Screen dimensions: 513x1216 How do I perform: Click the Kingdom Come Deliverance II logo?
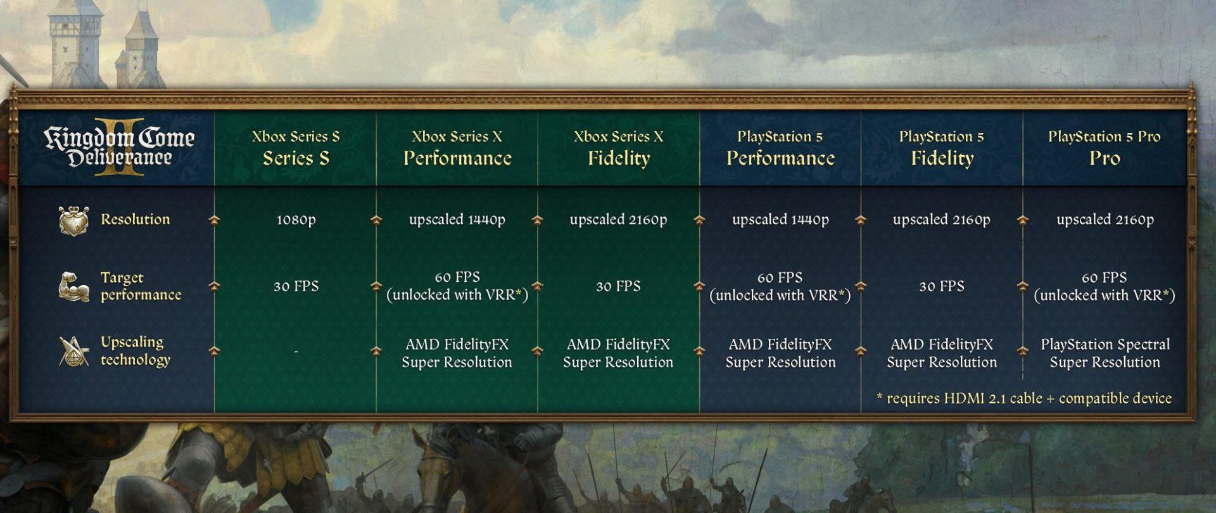click(119, 147)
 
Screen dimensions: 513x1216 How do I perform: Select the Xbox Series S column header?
click(296, 148)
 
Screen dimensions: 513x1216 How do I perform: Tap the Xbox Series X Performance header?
click(457, 148)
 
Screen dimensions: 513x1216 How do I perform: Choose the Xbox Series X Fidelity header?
click(619, 148)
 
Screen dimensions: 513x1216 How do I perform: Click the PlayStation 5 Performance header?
click(780, 148)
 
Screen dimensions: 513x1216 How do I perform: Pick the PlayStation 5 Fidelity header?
click(942, 148)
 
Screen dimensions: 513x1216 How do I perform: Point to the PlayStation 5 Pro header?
click(1105, 148)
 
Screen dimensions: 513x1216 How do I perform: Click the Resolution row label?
click(135, 220)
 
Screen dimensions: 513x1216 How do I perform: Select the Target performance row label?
click(141, 286)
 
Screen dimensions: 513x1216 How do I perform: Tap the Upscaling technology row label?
click(135, 351)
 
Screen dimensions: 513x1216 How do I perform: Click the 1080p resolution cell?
click(296, 220)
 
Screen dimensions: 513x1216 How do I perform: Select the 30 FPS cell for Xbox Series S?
click(296, 286)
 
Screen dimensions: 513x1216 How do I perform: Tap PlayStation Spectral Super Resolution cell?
click(1105, 353)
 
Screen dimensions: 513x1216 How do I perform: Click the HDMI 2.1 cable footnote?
click(1024, 398)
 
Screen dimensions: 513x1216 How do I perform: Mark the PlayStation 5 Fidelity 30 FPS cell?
click(942, 286)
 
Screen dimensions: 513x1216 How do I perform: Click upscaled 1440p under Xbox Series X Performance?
click(457, 220)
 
